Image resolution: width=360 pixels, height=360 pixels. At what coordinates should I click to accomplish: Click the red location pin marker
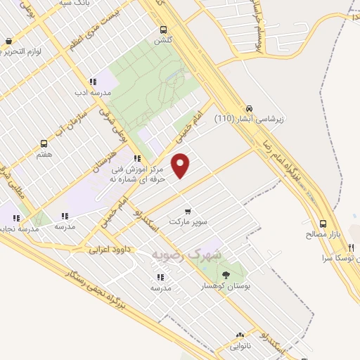181,165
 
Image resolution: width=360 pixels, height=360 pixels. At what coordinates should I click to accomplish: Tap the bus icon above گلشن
163,30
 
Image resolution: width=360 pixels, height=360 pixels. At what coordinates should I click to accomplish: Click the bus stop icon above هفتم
44,143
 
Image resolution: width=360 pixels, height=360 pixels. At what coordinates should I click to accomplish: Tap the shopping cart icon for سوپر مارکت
187,211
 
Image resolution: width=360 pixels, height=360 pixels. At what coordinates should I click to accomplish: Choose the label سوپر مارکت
187,221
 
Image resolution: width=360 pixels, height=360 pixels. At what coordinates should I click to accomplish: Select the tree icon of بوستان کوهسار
226,275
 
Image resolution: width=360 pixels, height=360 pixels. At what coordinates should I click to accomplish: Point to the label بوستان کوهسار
226,286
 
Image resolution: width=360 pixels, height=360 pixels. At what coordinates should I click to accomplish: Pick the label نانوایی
240,347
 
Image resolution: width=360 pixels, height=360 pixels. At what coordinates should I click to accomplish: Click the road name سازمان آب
72,120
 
